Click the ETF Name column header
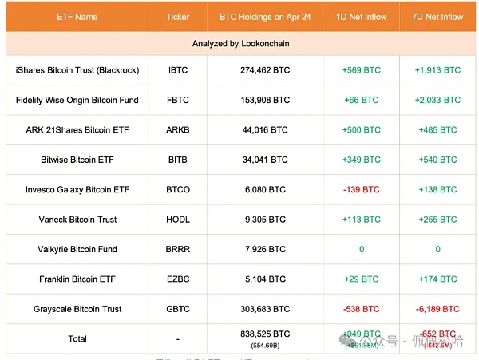click(77, 17)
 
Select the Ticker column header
click(178, 17)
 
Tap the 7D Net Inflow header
click(437, 17)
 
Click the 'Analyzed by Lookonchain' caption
click(239, 43)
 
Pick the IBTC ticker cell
click(178, 70)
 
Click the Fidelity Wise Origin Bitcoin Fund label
click(77, 100)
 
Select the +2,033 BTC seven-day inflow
click(437, 100)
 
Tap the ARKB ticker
click(178, 130)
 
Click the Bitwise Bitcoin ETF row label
click(77, 160)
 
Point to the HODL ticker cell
click(178, 220)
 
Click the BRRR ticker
click(178, 249)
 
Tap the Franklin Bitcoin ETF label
click(77, 279)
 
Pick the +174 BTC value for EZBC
click(437, 279)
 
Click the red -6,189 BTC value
click(437, 309)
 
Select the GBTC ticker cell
click(178, 309)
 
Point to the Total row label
click(77, 338)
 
